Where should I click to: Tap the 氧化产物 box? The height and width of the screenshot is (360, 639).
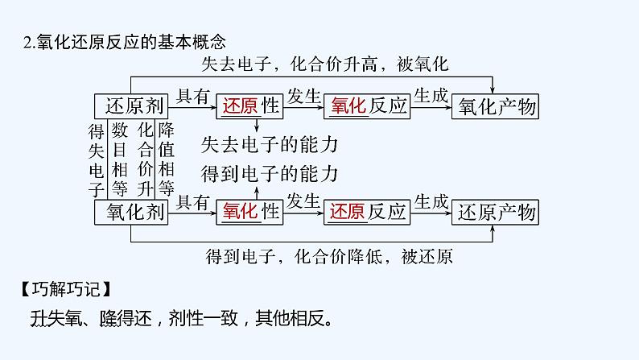tap(496, 106)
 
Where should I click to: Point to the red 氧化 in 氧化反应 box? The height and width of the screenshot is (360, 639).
tap(348, 106)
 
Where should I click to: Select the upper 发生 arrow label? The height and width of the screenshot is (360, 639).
tap(304, 96)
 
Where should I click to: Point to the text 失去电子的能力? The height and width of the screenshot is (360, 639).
tap(269, 145)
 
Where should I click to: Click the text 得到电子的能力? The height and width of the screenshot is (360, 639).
tap(269, 172)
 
